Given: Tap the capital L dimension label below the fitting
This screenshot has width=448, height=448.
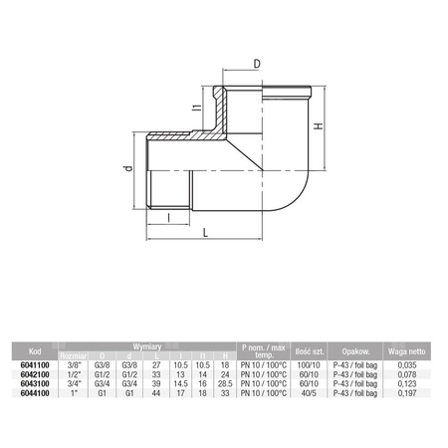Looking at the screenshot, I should pyautogui.click(x=205, y=231).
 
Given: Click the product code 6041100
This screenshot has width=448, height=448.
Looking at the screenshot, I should pyautogui.click(x=35, y=365).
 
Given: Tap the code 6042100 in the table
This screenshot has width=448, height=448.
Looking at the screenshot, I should pyautogui.click(x=35, y=373).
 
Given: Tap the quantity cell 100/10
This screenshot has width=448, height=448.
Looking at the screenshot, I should pyautogui.click(x=307, y=365).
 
